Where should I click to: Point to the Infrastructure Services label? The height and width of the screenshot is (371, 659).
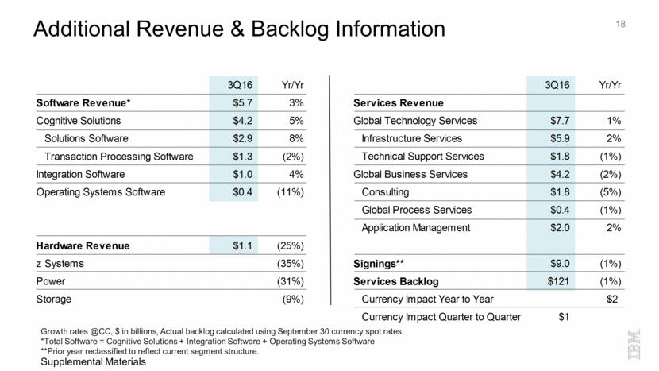(x=414, y=138)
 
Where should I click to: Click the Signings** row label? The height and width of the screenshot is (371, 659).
(x=379, y=264)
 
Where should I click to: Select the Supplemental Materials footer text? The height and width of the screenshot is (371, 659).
(x=94, y=361)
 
